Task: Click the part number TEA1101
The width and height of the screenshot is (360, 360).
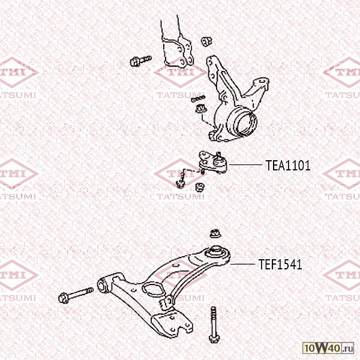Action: (288, 166)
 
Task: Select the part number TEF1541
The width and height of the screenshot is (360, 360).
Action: (280, 264)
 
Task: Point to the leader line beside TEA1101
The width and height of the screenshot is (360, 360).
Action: (245, 164)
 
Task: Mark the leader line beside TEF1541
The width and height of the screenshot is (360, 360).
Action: (242, 264)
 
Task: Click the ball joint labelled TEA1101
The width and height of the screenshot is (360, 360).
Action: (214, 163)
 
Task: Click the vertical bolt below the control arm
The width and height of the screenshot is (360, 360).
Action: (214, 325)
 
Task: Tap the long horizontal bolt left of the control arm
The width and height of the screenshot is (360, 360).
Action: (76, 295)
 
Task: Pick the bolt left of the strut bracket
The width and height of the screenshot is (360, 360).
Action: (140, 61)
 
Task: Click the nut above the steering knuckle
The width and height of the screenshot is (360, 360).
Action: (206, 41)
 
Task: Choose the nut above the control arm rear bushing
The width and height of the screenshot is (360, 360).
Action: (215, 234)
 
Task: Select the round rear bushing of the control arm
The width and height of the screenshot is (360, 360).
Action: (216, 253)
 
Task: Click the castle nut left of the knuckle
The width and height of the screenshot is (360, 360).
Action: (201, 108)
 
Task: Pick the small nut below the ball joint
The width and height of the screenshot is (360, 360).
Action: (200, 187)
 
